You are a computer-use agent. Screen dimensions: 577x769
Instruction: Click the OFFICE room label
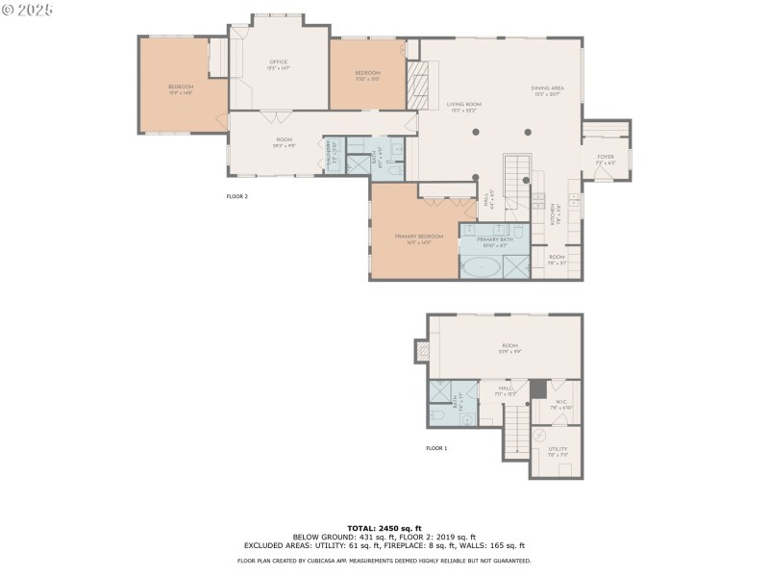coord(279,64)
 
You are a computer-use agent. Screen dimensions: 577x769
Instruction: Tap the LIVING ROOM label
coord(463,107)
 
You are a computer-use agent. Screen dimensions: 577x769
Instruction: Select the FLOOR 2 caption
coord(236,196)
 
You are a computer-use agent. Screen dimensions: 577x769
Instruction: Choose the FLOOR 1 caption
coord(436,448)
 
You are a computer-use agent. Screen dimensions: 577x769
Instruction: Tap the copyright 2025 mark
coord(28,9)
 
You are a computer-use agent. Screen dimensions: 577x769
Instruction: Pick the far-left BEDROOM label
coord(181,88)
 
